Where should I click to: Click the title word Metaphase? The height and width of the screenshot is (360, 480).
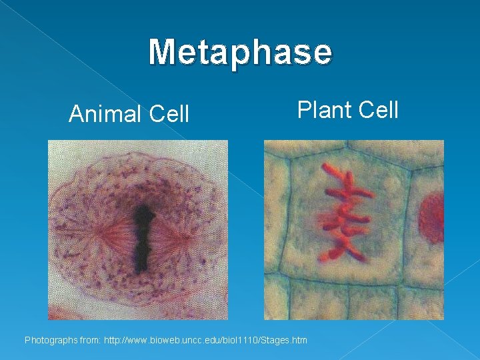[x=240, y=52]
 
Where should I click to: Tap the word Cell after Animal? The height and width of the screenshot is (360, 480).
[x=169, y=114]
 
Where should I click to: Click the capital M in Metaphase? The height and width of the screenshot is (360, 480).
[x=162, y=52]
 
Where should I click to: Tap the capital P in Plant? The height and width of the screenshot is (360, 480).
[x=304, y=109]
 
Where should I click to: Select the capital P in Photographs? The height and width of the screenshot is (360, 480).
[x=28, y=341]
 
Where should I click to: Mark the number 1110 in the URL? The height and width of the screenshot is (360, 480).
[x=249, y=341]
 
